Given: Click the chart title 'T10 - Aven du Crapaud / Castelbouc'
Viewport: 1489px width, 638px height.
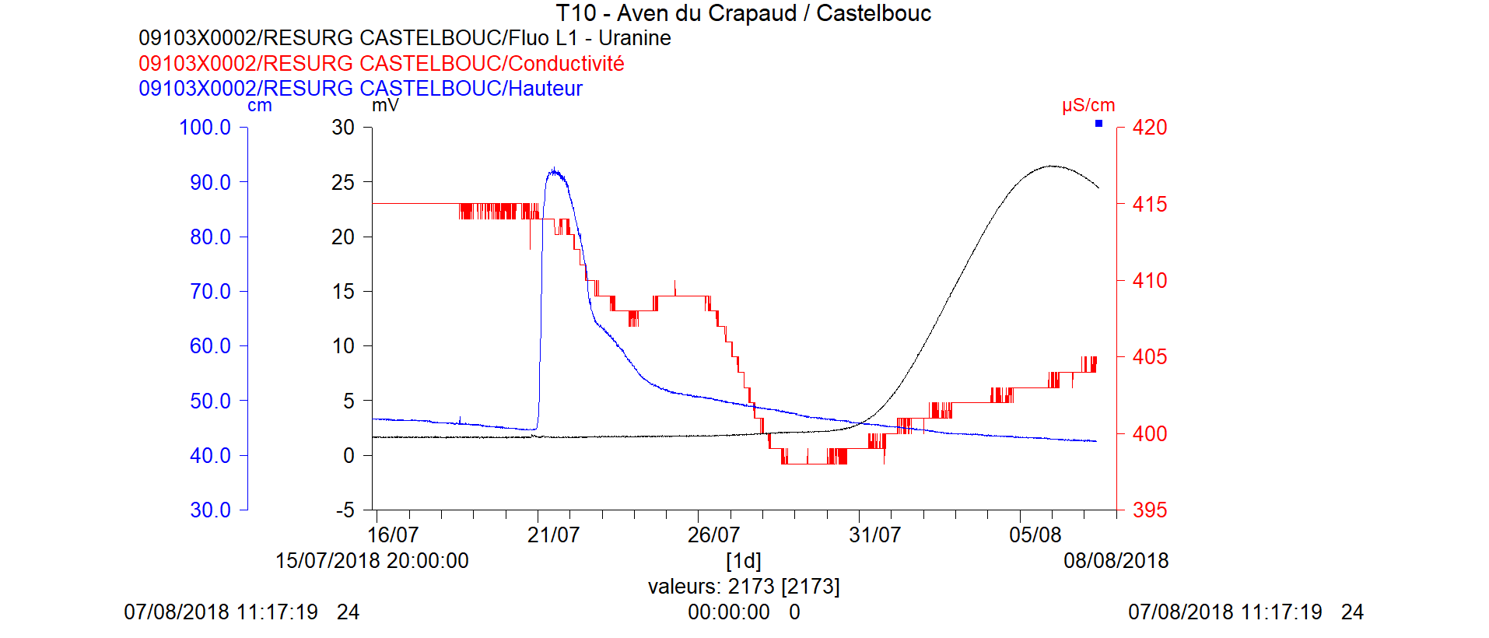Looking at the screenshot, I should coord(743,13).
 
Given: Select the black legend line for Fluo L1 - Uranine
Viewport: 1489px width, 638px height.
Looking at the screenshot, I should coord(405,38).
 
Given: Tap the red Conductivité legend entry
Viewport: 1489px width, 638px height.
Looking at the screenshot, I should coord(381,63).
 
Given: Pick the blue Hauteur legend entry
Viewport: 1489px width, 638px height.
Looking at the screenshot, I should coord(360,88).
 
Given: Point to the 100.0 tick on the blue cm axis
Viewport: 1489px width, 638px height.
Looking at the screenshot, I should coord(205,128).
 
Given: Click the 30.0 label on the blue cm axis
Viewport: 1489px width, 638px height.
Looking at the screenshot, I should coord(210,510).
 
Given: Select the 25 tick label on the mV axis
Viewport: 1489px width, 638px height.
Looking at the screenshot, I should coord(342,182).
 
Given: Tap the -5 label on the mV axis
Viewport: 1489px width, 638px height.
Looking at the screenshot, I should coord(345,510).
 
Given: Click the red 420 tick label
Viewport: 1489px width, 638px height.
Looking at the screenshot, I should coord(1150,128).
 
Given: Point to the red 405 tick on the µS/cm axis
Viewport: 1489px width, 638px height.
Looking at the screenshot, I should coord(1150,357).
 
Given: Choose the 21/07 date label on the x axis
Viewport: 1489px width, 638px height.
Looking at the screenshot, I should coord(553,535).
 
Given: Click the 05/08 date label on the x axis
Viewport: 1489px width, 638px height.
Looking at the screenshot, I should coord(1035,535).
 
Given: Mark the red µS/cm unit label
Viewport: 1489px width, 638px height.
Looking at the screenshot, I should coord(1088,105).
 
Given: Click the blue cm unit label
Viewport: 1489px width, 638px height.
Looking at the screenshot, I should coord(260,106).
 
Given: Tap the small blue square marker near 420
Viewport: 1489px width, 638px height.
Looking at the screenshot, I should coord(1098,124).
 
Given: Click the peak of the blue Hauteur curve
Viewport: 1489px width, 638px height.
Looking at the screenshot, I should coord(554,170).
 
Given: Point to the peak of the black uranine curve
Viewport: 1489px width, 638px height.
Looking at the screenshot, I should coord(1051,166).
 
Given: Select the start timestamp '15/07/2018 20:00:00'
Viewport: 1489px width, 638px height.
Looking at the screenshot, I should coord(372,561).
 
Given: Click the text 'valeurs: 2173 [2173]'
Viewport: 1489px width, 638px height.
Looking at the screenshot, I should coord(744,587).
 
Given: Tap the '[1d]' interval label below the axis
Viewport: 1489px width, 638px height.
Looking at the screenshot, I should coord(743,561).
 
